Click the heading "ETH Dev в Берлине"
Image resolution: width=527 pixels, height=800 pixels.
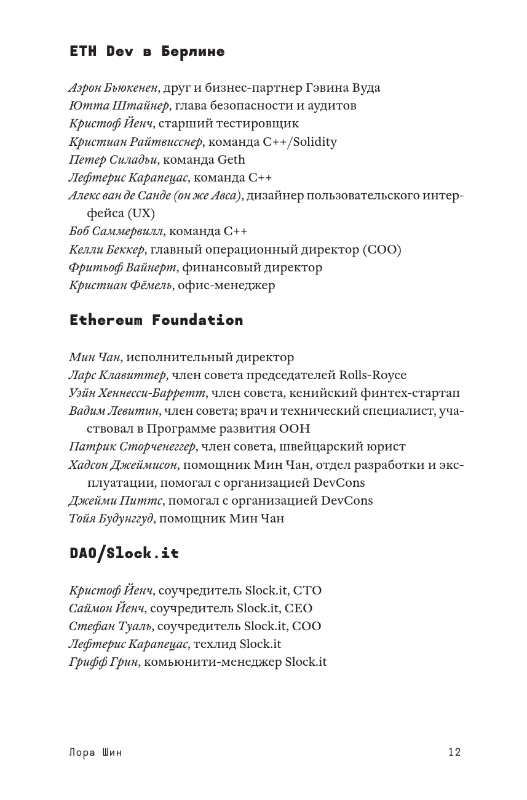147,52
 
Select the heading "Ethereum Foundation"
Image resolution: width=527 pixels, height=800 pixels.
156,321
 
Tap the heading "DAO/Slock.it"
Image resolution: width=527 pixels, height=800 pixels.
124,554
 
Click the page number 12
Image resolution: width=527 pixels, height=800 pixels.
454,752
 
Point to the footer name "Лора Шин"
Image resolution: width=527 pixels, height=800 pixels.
96,752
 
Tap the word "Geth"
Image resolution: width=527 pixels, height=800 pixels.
231,160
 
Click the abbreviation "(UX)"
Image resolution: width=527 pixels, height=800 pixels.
142,214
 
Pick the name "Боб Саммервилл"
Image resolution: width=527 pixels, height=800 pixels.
116,232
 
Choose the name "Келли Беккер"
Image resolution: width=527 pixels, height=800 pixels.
106,250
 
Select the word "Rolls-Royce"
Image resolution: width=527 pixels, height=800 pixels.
373,375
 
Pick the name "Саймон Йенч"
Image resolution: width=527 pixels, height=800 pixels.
107,609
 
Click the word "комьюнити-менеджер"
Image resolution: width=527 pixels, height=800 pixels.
213,662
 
